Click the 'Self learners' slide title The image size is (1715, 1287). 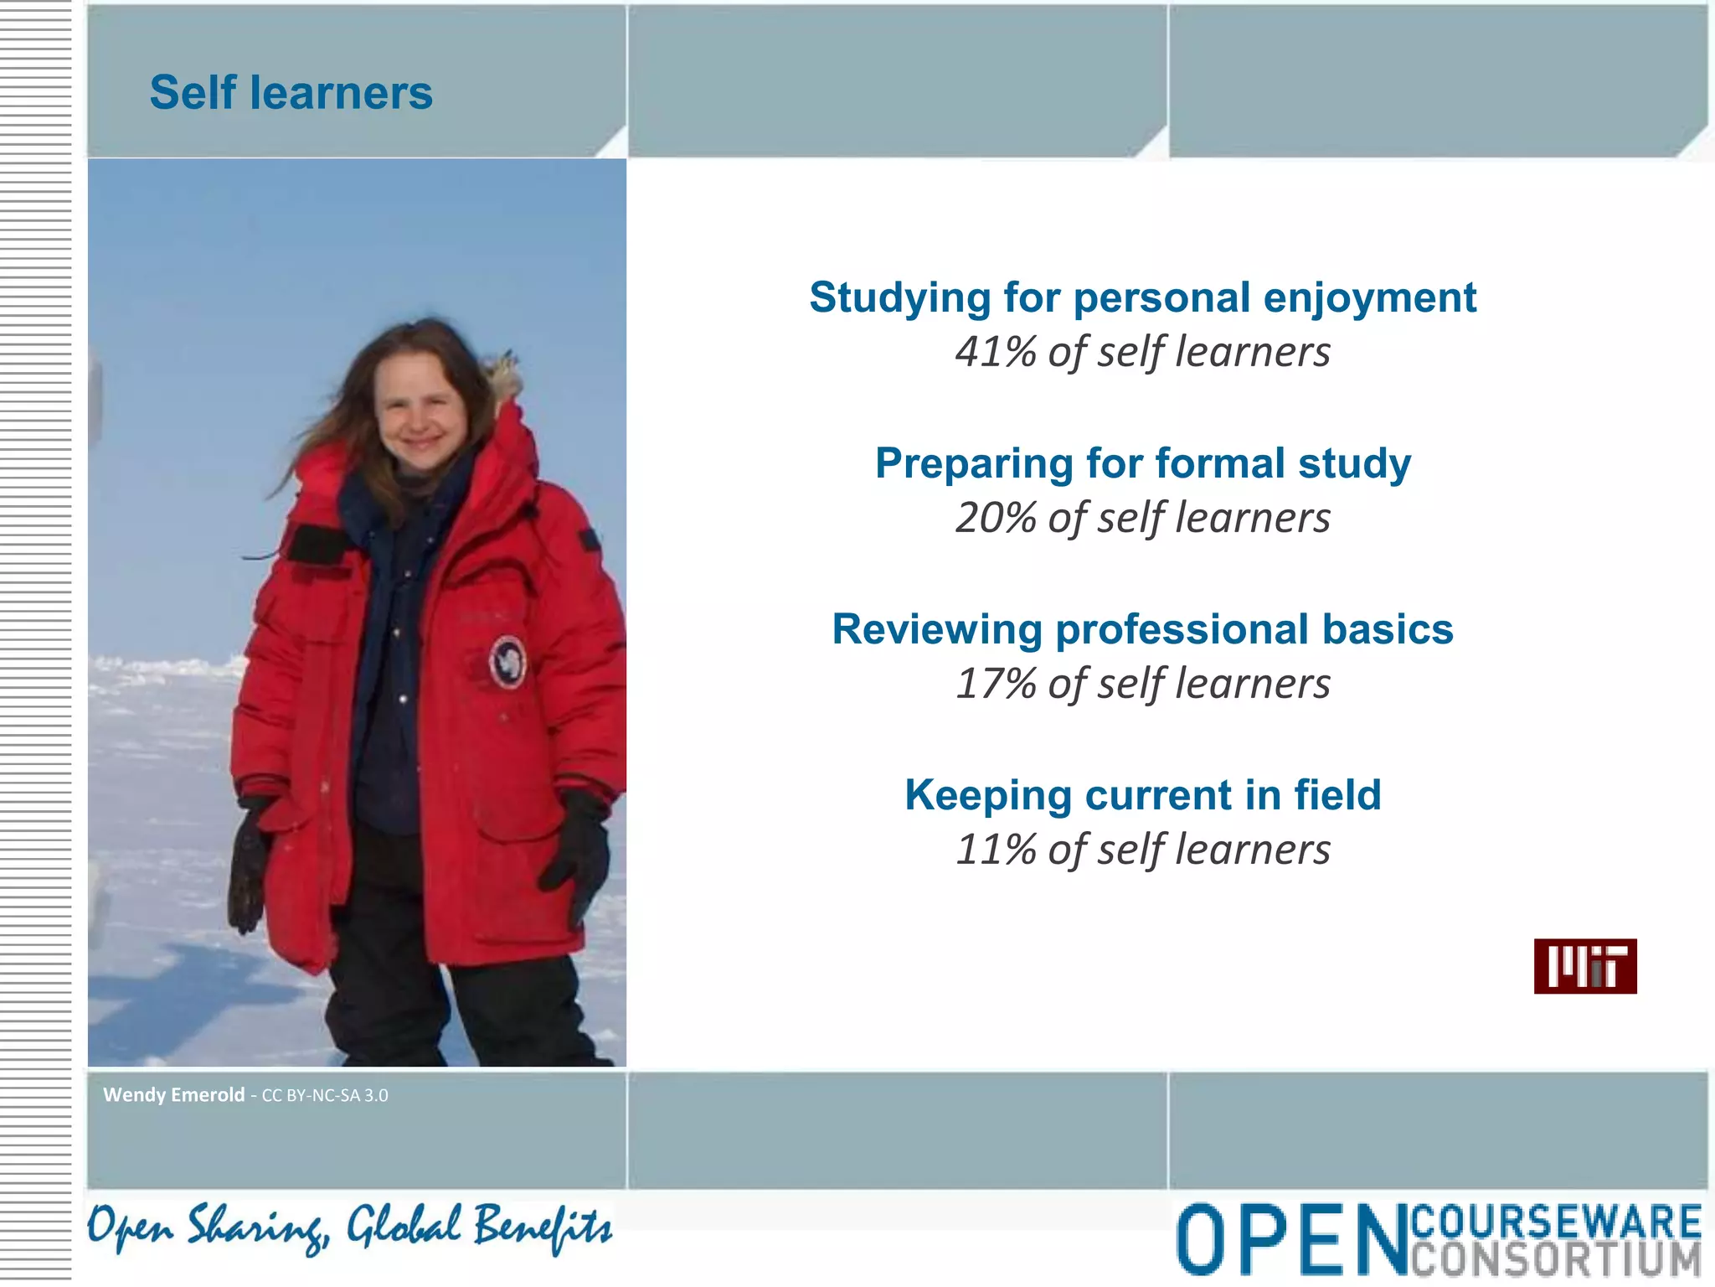tap(291, 92)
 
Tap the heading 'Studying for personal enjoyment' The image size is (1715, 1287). tap(1142, 298)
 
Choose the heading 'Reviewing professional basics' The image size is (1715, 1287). tap(1142, 629)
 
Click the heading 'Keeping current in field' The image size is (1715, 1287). tap(1142, 795)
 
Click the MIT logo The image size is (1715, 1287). tap(1584, 966)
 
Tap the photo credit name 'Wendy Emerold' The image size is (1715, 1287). tap(173, 1094)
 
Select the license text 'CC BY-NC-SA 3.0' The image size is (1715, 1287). tap(325, 1095)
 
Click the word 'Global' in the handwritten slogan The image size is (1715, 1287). tap(404, 1228)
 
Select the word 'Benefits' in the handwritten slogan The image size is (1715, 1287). tap(542, 1228)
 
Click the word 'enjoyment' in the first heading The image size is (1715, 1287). tap(1370, 298)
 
